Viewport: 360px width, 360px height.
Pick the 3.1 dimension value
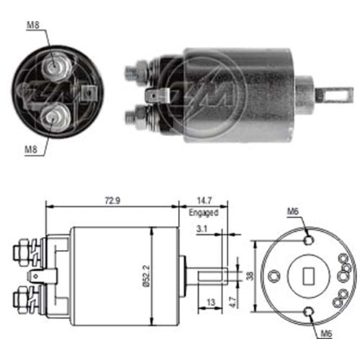click(204, 230)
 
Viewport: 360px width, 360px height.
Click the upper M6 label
click(292, 211)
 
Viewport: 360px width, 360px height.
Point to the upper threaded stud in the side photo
click(135, 71)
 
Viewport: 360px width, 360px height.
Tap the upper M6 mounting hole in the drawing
click(309, 239)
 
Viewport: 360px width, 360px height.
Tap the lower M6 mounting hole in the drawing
click(309, 310)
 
